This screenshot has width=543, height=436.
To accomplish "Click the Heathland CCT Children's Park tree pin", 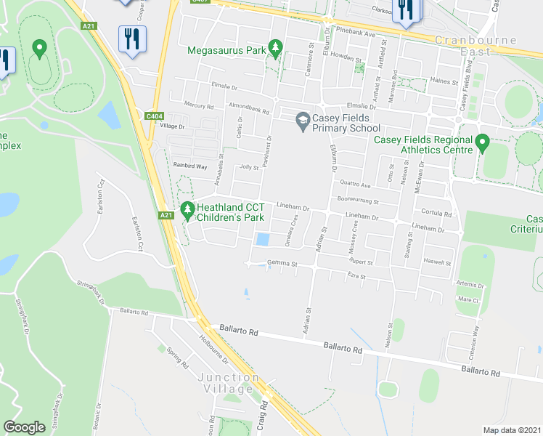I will pyautogui.click(x=187, y=211).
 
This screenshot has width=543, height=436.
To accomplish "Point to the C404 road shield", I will pyautogui.click(x=153, y=115).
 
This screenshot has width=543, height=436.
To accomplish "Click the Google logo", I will pyautogui.click(x=24, y=427).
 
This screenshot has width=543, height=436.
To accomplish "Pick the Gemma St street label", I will pyautogui.click(x=282, y=263).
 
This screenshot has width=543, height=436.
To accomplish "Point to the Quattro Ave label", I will pyautogui.click(x=354, y=185).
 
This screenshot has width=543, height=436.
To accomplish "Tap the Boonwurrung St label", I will pyautogui.click(x=358, y=200).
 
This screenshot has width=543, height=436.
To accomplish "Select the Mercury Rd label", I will pyautogui.click(x=199, y=106).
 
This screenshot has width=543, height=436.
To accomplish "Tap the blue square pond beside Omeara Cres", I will pyautogui.click(x=262, y=239).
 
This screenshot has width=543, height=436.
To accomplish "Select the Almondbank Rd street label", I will pyautogui.click(x=249, y=112).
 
